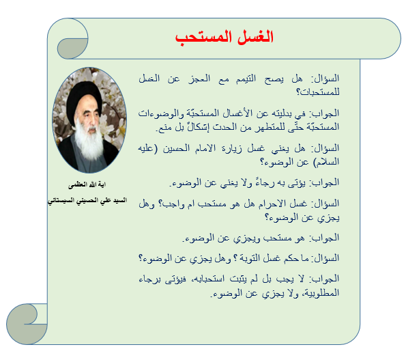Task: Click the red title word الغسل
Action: [255, 37]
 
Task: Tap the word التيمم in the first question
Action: [246, 79]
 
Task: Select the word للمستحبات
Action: [318, 92]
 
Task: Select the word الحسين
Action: [176, 148]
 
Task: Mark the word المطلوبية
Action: [321, 293]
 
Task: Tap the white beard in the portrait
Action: [89, 141]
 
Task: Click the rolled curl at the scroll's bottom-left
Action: [27, 324]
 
